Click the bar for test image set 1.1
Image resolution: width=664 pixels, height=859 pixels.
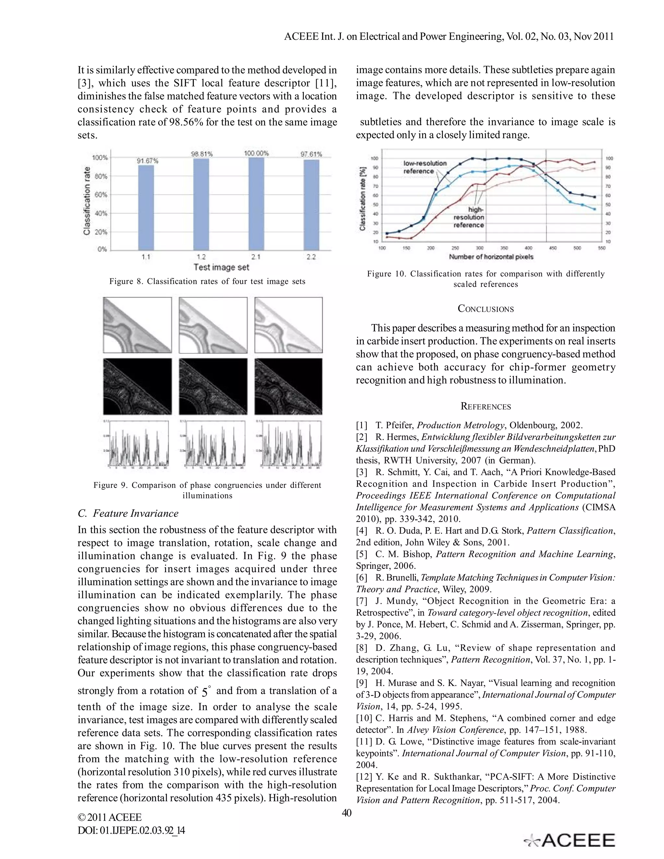pyautogui.click(x=146, y=207)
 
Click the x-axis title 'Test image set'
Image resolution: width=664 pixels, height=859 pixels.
pyautogui.click(x=221, y=267)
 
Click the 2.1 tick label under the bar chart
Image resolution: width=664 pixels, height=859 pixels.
pyautogui.click(x=256, y=257)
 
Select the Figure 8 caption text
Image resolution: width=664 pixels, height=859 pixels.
pyautogui.click(x=207, y=281)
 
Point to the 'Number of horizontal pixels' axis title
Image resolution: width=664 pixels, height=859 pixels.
pyautogui.click(x=491, y=257)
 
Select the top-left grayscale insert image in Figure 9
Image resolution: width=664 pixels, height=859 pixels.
pyautogui.click(x=137, y=325)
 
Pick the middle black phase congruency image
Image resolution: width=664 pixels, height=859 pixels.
pyautogui.click(x=213, y=386)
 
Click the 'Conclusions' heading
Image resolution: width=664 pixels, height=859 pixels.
pyautogui.click(x=485, y=309)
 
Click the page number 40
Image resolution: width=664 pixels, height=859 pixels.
pyautogui.click(x=347, y=813)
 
